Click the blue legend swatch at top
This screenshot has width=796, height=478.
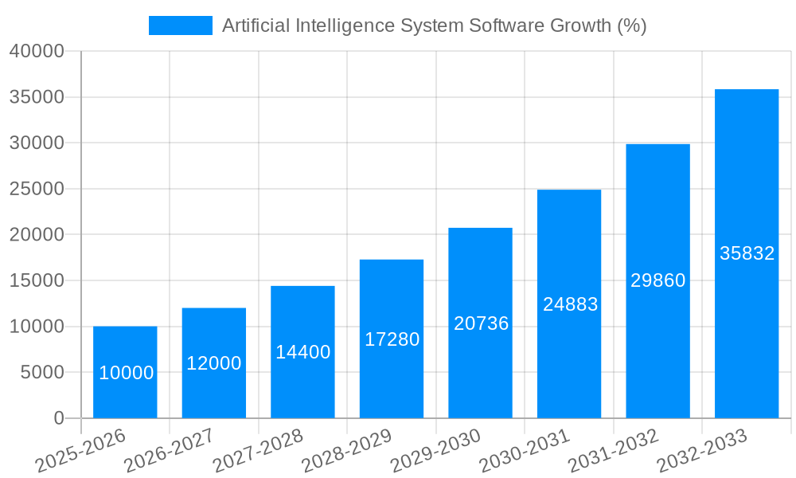(181, 25)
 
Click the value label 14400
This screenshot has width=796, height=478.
(302, 352)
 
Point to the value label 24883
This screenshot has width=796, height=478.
(570, 304)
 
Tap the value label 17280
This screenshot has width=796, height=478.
(392, 339)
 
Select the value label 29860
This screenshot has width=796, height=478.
(657, 280)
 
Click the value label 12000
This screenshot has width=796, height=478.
(213, 363)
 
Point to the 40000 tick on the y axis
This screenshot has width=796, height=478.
(36, 51)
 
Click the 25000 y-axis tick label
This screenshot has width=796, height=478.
(36, 189)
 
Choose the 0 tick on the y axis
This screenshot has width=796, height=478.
(58, 418)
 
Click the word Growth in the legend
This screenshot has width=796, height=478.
(582, 25)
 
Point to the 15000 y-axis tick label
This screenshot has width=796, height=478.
(36, 280)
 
